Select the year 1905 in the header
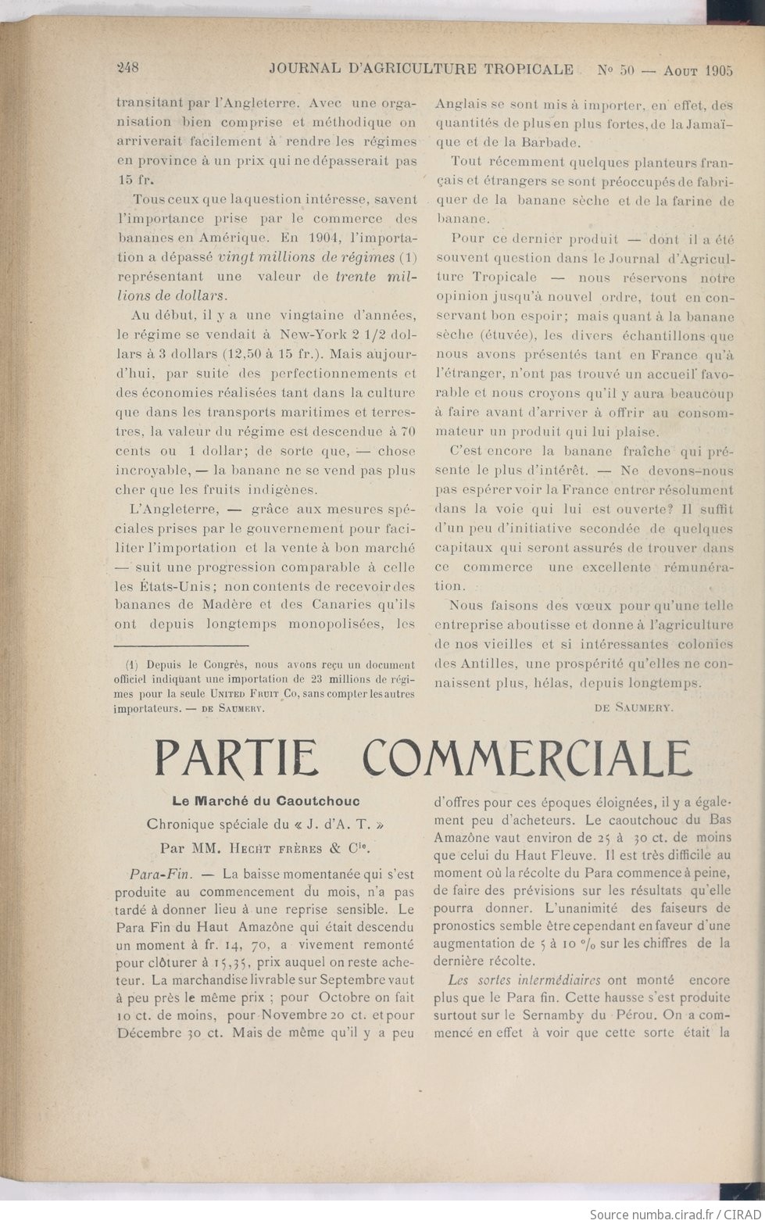click(x=717, y=69)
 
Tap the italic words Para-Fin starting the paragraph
click(x=156, y=872)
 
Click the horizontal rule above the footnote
click(x=181, y=646)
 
